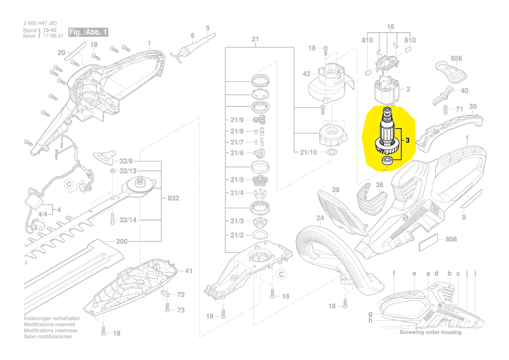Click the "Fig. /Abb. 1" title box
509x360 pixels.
click(x=88, y=32)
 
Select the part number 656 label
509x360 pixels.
click(x=456, y=58)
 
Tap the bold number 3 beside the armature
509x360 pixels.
click(x=408, y=140)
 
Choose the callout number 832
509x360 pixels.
click(x=173, y=198)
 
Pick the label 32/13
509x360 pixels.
click(x=128, y=170)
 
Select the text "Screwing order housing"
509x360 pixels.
click(x=430, y=333)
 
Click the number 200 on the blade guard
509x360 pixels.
click(x=122, y=242)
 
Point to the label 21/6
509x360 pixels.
click(x=237, y=153)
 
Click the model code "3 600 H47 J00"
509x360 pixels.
click(x=40, y=24)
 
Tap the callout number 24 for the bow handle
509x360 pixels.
click(x=320, y=218)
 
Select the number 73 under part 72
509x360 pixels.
click(x=180, y=310)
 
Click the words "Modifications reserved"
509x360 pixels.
click(x=49, y=325)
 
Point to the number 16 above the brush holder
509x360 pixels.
click(x=390, y=27)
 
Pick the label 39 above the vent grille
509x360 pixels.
click(x=335, y=190)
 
